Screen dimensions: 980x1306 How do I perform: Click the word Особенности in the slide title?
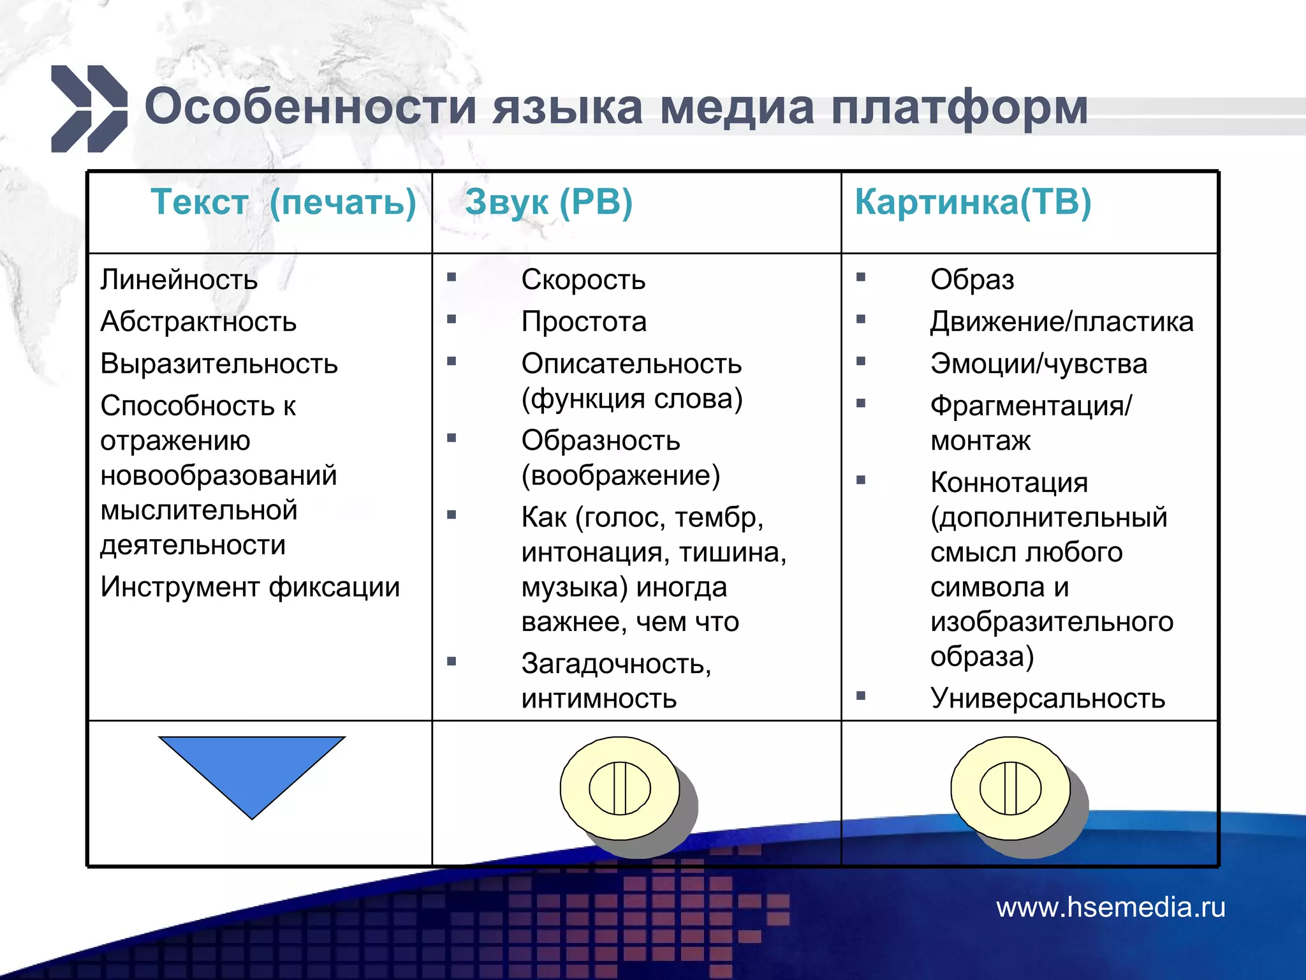[311, 107]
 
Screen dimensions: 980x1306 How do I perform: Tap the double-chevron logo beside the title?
[89, 109]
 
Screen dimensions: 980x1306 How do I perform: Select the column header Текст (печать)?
[283, 202]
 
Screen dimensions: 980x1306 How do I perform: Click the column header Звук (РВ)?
[548, 202]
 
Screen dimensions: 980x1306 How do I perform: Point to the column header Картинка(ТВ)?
[973, 202]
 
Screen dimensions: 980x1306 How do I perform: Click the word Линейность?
[179, 280]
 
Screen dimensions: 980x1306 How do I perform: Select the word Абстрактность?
[198, 322]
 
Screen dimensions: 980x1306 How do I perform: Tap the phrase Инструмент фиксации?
[250, 587]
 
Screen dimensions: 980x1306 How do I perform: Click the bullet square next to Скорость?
[451, 277]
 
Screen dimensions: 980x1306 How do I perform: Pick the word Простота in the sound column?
[583, 322]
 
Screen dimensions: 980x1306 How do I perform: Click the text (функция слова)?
[632, 399]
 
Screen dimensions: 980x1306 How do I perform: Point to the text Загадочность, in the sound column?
[616, 664]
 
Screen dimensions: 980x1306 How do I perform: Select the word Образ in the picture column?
[972, 280]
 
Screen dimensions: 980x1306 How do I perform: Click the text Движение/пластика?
[1062, 322]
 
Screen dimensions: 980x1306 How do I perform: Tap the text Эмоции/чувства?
[1039, 364]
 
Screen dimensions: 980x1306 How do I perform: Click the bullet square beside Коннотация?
[861, 480]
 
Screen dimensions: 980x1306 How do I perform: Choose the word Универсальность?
[1048, 698]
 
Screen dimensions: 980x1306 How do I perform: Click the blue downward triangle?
[252, 766]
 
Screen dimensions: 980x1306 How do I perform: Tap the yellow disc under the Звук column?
[620, 788]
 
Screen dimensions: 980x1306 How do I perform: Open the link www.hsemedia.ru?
[1111, 907]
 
